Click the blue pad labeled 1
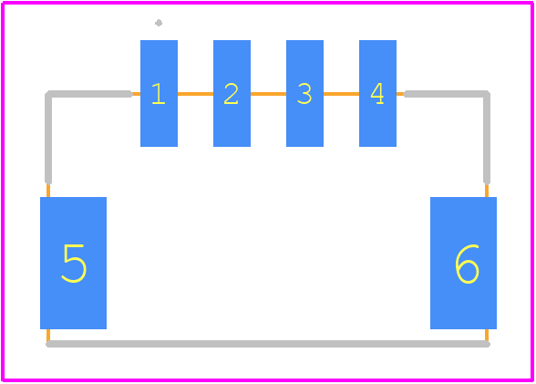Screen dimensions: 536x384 [159, 93]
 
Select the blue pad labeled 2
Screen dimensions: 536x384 [232, 93]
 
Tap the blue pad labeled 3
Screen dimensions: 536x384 [304, 93]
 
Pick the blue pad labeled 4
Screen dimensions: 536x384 [377, 93]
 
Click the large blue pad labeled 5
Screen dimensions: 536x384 [74, 263]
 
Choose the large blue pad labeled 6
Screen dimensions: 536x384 [463, 263]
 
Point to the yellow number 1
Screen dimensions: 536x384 [159, 93]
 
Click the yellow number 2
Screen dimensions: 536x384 [232, 93]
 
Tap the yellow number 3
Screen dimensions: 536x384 [304, 93]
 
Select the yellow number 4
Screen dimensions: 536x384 [377, 93]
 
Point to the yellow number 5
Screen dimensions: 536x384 [74, 264]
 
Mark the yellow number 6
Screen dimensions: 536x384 [467, 264]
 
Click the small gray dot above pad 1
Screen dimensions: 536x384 [159, 23]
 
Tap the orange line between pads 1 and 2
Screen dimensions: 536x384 [195, 94]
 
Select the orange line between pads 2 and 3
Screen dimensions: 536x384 [268, 94]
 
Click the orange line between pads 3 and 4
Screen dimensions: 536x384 [341, 94]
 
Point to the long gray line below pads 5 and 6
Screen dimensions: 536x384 [268, 344]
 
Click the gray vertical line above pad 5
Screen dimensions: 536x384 [48, 139]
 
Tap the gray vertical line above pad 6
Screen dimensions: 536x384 [487, 139]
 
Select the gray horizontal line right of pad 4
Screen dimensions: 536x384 [445, 94]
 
